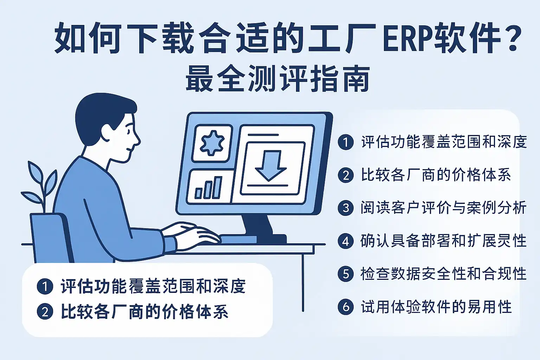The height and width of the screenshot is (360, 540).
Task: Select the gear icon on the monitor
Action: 212,143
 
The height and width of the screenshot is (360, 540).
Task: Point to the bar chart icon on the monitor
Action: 208,188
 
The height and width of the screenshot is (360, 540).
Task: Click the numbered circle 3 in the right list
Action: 346,208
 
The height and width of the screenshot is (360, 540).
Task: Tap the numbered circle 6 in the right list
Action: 346,307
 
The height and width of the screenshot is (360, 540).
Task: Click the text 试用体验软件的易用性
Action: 436,307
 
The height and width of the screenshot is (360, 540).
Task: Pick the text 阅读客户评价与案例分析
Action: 443,208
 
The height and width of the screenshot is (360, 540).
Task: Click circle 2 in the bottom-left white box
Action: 45,311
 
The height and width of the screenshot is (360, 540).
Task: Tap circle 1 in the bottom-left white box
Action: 45,286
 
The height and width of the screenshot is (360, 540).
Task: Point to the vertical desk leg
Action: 303,282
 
